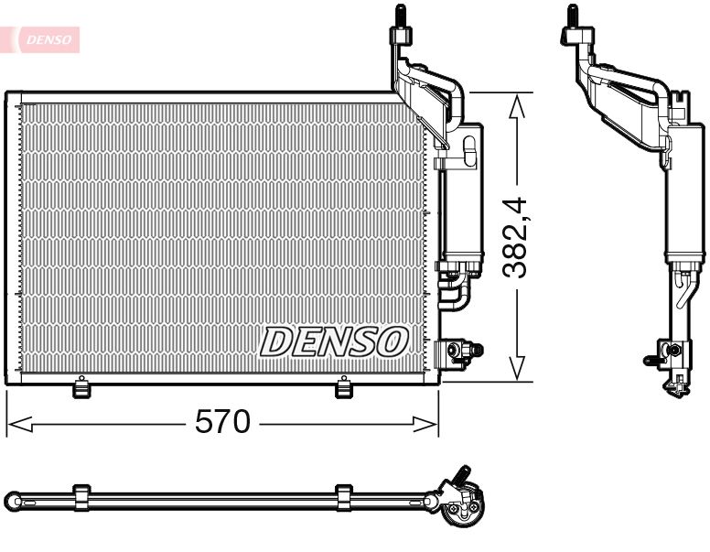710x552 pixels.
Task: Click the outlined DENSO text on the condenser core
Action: click(x=334, y=341)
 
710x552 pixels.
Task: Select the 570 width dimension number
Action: click(x=222, y=422)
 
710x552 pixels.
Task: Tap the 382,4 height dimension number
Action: click(x=518, y=236)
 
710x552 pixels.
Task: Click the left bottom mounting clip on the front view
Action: click(x=81, y=388)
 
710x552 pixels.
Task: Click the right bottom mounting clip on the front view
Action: click(x=344, y=388)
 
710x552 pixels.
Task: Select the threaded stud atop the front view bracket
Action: click(x=400, y=16)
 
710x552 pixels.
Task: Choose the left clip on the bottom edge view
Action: click(x=81, y=497)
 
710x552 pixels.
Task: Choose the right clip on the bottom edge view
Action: click(x=344, y=497)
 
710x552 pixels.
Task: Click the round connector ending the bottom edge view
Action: click(x=461, y=506)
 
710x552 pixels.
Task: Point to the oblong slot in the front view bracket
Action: click(x=470, y=150)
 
